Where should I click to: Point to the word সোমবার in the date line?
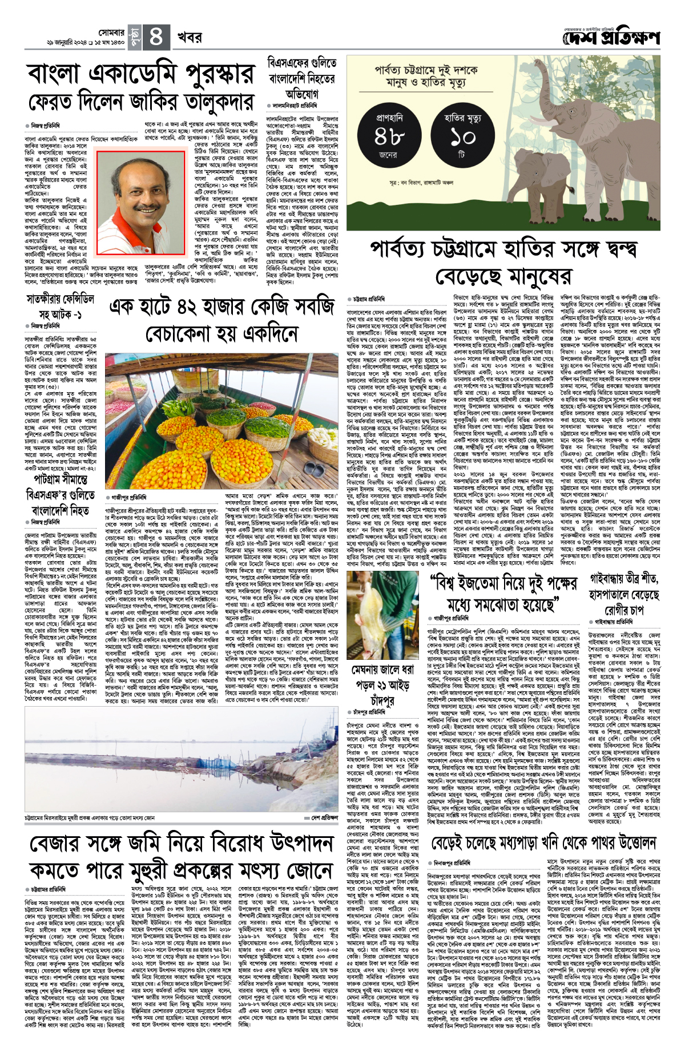coord(111,33)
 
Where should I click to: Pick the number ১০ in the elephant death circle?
coord(462,137)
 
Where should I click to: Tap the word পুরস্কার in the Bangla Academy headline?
coord(209,74)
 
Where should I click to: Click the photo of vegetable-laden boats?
coord(223,421)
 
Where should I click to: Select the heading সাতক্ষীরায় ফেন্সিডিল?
coord(60,299)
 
